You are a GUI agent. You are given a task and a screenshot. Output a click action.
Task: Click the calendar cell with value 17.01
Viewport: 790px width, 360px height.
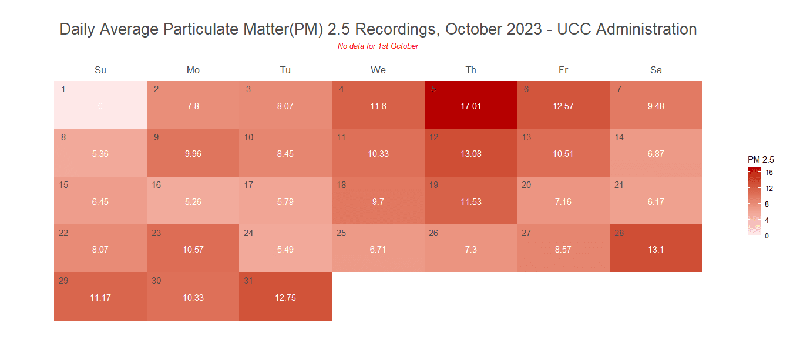pyautogui.click(x=470, y=106)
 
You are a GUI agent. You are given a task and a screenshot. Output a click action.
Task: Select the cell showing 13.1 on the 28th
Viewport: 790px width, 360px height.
pyautogui.click(x=656, y=250)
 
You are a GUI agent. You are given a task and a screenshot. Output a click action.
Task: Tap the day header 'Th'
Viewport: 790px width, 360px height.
pyautogui.click(x=471, y=70)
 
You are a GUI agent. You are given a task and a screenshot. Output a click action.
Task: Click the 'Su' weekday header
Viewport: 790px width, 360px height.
pyautogui.click(x=100, y=70)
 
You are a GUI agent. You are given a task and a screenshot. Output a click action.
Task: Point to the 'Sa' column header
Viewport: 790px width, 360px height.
pyautogui.click(x=656, y=70)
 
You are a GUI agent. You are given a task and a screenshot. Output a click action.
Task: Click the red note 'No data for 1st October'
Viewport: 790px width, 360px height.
pyautogui.click(x=378, y=46)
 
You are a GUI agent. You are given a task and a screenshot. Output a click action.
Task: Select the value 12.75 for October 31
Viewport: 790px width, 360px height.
pyautogui.click(x=285, y=298)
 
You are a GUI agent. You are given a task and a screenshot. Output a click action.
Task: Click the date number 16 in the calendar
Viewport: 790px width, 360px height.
pyautogui.click(x=156, y=185)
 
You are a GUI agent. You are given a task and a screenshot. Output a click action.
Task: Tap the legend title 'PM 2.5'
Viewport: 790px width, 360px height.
pyautogui.click(x=760, y=159)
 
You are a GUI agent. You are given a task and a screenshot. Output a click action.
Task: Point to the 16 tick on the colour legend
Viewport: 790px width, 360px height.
pyautogui.click(x=768, y=173)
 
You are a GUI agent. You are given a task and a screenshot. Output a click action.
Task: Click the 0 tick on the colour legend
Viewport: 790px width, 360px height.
pyautogui.click(x=767, y=235)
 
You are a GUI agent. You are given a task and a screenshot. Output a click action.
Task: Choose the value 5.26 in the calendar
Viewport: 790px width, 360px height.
pyautogui.click(x=193, y=202)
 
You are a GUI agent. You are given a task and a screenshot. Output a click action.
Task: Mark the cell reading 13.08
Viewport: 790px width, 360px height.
pyautogui.click(x=470, y=154)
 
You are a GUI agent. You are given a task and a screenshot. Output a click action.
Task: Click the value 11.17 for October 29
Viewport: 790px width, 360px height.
pyautogui.click(x=100, y=298)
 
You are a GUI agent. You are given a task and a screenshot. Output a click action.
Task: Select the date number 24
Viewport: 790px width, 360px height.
pyautogui.click(x=248, y=233)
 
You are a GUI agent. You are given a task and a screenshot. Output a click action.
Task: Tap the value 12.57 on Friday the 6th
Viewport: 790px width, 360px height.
pyautogui.click(x=563, y=106)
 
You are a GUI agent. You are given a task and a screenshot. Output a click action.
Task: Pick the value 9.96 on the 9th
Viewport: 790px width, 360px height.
pyautogui.click(x=193, y=154)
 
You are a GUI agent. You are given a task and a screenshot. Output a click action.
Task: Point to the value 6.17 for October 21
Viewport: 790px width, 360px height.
pyautogui.click(x=656, y=202)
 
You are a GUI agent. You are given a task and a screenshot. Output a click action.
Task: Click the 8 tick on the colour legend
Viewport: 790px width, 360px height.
pyautogui.click(x=767, y=204)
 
